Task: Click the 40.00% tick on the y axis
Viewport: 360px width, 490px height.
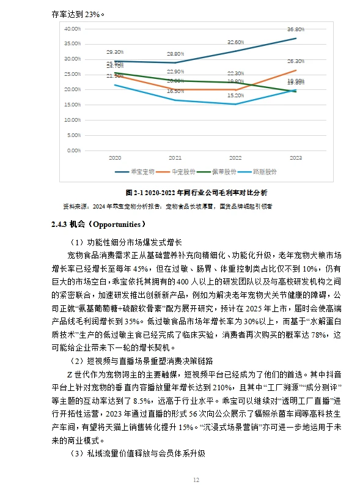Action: pyautogui.click(x=73, y=29)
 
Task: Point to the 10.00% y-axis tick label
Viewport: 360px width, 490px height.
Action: pyautogui.click(x=73, y=119)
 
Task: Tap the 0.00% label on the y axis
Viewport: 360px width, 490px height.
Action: pyautogui.click(x=74, y=150)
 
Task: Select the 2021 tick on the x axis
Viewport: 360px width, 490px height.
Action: pyautogui.click(x=175, y=158)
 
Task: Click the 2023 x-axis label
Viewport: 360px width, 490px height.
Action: pyautogui.click(x=296, y=158)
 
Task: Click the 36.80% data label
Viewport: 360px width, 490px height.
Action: pyautogui.click(x=296, y=29)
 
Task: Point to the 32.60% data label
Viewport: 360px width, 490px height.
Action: pyautogui.click(x=235, y=42)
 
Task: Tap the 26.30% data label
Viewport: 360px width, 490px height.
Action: pyautogui.click(x=296, y=61)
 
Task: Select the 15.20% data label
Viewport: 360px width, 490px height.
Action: pyautogui.click(x=235, y=95)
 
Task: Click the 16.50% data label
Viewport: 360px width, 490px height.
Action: pyautogui.click(x=175, y=91)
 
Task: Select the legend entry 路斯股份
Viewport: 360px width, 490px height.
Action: pyautogui.click(x=266, y=172)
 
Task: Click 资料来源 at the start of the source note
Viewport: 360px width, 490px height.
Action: pyautogui.click(x=75, y=207)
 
